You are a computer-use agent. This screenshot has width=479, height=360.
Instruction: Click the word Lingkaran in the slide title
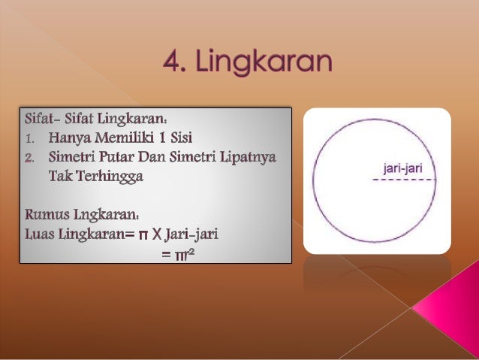[x=264, y=62]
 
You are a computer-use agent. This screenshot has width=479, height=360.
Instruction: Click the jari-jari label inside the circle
[x=402, y=169]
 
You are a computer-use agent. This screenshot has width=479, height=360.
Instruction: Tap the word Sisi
[x=179, y=138]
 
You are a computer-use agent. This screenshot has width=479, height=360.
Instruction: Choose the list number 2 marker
[x=30, y=158]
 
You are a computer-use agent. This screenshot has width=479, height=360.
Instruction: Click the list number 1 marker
[x=30, y=138]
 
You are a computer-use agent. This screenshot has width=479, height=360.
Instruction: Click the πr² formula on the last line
[x=182, y=254]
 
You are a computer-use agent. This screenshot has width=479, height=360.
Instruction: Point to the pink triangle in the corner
[x=450, y=308]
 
